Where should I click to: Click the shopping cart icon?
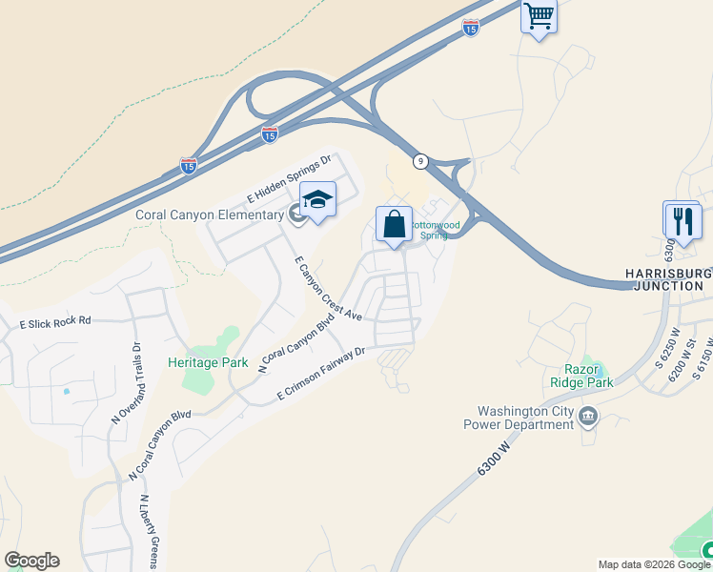click(x=539, y=16)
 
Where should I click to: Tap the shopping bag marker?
click(x=394, y=225)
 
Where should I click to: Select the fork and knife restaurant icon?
click(x=683, y=221)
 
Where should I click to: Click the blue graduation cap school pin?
click(x=317, y=200)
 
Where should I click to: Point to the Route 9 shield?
click(x=420, y=162)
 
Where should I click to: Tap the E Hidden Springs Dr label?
click(x=288, y=180)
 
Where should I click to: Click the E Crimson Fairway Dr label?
click(x=321, y=374)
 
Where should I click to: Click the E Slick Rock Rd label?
click(x=55, y=322)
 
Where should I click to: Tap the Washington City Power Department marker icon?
click(x=588, y=416)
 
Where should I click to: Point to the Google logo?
click(x=31, y=561)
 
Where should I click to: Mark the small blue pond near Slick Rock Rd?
click(x=66, y=391)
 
